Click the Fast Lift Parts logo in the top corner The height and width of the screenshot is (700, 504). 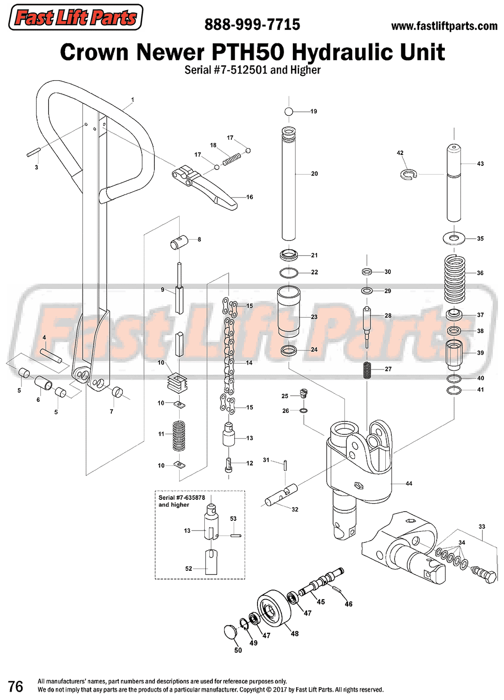pyautogui.click(x=76, y=17)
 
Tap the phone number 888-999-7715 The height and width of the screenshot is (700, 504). pyautogui.click(x=252, y=24)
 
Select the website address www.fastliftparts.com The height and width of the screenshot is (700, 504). pyautogui.click(x=444, y=26)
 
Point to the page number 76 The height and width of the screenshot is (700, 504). pyautogui.click(x=16, y=686)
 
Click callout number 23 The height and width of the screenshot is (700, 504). pyautogui.click(x=314, y=317)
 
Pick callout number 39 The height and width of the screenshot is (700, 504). pyautogui.click(x=480, y=353)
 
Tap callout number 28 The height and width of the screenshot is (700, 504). pyautogui.click(x=388, y=316)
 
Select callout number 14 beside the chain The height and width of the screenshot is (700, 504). pyautogui.click(x=249, y=363)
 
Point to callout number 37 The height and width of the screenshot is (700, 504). pyautogui.click(x=480, y=315)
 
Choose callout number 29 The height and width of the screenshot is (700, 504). pyautogui.click(x=388, y=291)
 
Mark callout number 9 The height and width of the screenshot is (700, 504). pyautogui.click(x=163, y=290)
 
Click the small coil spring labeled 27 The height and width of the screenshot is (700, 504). pyautogui.click(x=367, y=370)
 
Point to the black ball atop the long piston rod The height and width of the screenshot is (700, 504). pyautogui.click(x=289, y=111)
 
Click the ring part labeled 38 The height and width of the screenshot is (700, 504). pyautogui.click(x=455, y=330)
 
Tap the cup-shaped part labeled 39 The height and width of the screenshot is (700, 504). pyautogui.click(x=455, y=354)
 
